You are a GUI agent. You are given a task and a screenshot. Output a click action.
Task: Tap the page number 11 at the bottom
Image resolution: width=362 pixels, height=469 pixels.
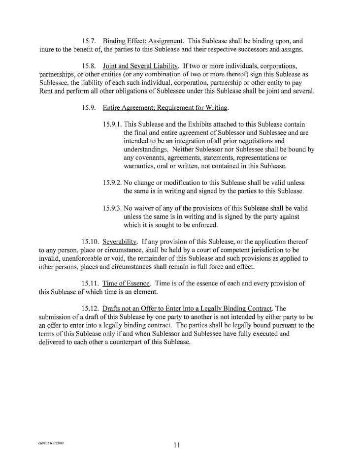[x=176, y=445]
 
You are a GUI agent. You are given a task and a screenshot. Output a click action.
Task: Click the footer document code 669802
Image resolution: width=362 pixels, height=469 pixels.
[x=43, y=442]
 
